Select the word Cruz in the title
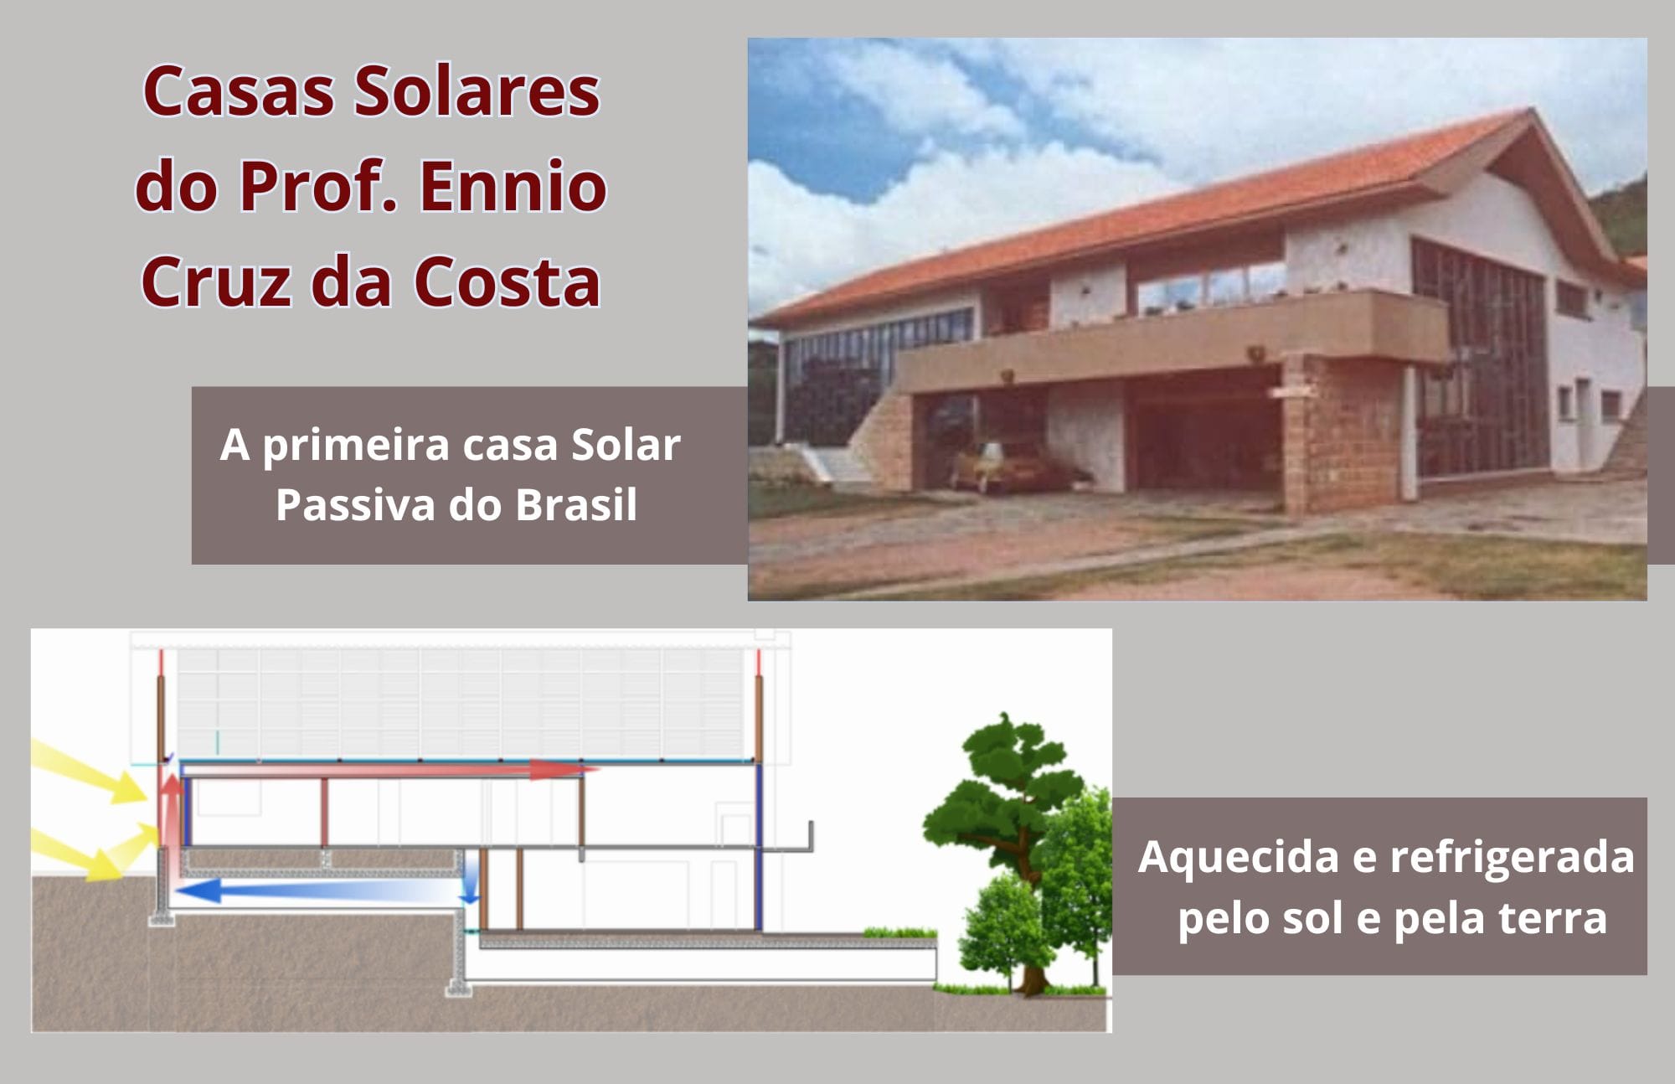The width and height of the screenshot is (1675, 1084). coord(214,281)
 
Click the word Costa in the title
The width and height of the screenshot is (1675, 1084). coord(507,281)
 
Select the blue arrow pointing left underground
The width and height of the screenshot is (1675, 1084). coord(318,889)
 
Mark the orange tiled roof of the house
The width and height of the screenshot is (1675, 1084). coord(1156,218)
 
